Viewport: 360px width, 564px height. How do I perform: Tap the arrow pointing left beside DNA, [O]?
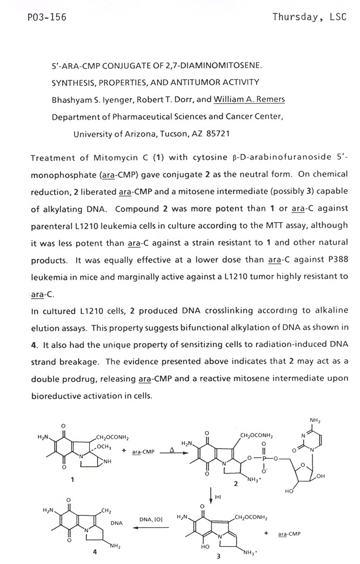[148, 527]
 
